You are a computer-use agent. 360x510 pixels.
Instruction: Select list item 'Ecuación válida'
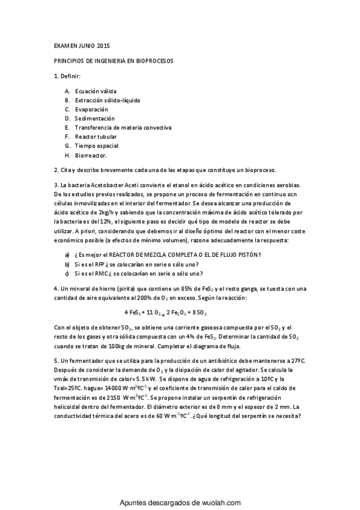[96, 91]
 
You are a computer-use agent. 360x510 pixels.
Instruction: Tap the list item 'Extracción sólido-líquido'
[108, 100]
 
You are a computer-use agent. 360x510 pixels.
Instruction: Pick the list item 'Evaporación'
[91, 109]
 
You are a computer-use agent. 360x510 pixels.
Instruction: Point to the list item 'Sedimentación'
[94, 118]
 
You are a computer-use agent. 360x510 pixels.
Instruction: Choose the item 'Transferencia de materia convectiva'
[123, 127]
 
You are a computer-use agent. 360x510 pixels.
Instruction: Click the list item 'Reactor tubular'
[96, 137]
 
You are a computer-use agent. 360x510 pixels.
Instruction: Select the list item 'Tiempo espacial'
[96, 146]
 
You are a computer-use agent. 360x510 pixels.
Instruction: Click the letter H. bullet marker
[67, 155]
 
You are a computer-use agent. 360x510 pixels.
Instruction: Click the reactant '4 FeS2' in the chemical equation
[132, 313]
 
